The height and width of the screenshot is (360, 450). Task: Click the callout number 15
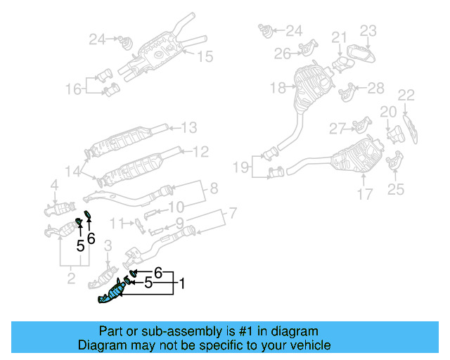click(204, 57)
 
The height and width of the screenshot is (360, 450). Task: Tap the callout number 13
click(189, 128)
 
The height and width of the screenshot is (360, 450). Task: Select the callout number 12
click(200, 150)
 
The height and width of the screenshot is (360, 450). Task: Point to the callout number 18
click(278, 88)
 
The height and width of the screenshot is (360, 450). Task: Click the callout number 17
click(365, 194)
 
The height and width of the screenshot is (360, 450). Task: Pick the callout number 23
click(369, 30)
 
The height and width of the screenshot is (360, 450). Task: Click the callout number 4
click(54, 186)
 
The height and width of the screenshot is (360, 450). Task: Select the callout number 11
click(121, 224)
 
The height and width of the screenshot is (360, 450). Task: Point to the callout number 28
click(376, 87)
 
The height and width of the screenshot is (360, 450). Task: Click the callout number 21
click(340, 37)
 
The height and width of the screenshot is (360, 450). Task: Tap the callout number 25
click(396, 188)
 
